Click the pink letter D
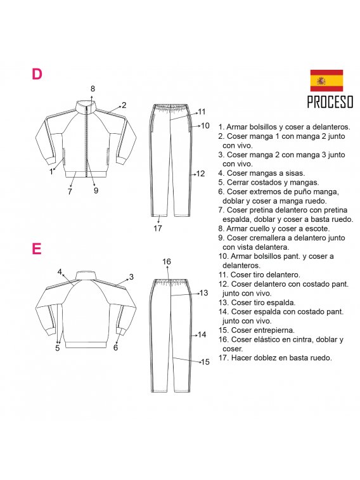pyautogui.click(x=37, y=74)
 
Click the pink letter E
pyautogui.click(x=36, y=249)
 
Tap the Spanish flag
pyautogui.click(x=326, y=81)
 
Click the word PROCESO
pyautogui.click(x=330, y=102)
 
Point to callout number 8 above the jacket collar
pyautogui.click(x=93, y=89)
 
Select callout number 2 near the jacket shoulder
pyautogui.click(x=124, y=105)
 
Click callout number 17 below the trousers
pyautogui.click(x=158, y=228)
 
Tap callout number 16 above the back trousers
pyautogui.click(x=167, y=262)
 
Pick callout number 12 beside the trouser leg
pyautogui.click(x=200, y=174)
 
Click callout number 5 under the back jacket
pyautogui.click(x=58, y=348)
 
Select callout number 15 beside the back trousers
pyautogui.click(x=205, y=362)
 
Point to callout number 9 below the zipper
pyautogui.click(x=96, y=191)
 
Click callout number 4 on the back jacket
pyautogui.click(x=60, y=272)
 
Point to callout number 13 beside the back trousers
pyautogui.click(x=203, y=293)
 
